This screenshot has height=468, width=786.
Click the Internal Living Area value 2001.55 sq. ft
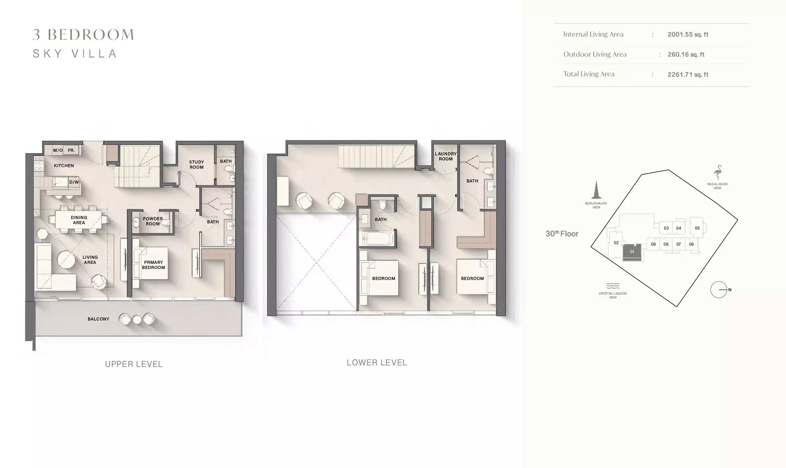[x=688, y=34]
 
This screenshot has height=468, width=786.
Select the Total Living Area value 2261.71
[x=680, y=74]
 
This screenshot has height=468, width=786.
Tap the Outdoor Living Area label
[x=595, y=54]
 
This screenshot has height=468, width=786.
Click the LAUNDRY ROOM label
[x=445, y=156]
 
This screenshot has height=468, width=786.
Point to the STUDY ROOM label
[x=197, y=164]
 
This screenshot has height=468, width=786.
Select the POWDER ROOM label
[x=153, y=221]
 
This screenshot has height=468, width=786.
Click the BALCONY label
[x=98, y=319]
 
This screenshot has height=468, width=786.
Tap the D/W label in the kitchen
[x=74, y=182]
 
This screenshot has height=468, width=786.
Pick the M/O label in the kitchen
[x=58, y=150]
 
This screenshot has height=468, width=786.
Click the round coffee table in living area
[x=66, y=260]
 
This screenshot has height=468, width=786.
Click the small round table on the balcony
[x=137, y=320]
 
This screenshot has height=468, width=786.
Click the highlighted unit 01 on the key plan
[x=632, y=252]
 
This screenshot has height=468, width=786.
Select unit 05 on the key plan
[x=697, y=228]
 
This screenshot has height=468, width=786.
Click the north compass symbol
[x=719, y=290]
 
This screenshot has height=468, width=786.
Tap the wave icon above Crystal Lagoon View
[x=613, y=286]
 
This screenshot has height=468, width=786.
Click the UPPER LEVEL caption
[x=134, y=364]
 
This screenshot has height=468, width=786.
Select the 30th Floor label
[x=562, y=234]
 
